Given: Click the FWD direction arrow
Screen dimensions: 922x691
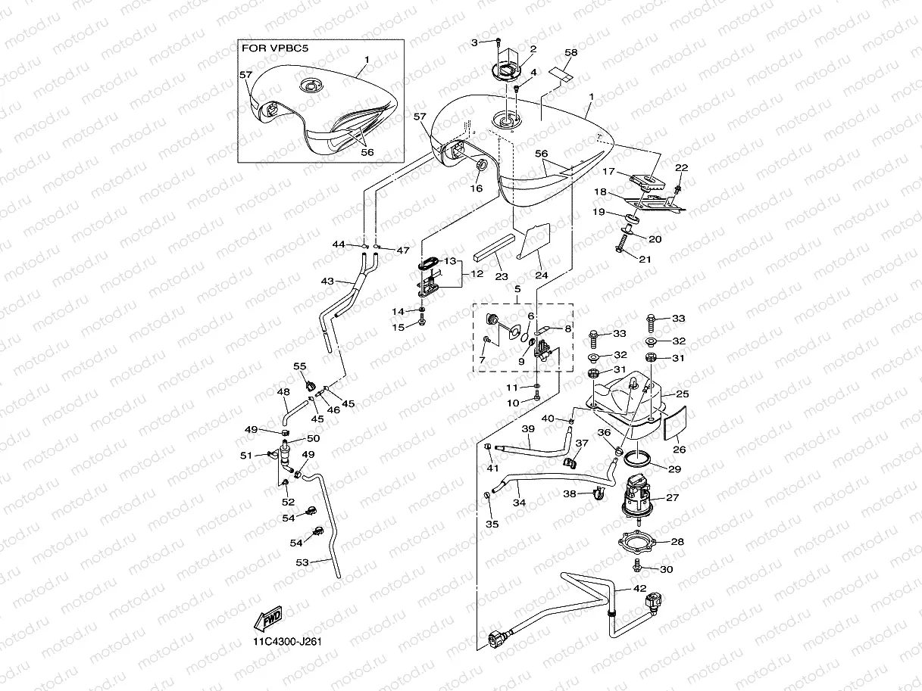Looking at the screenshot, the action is (268, 618).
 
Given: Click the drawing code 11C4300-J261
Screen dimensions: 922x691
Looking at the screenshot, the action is (287, 643).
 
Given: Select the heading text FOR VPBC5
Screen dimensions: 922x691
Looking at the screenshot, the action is (275, 48).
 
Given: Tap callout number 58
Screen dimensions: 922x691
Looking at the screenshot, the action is (570, 52).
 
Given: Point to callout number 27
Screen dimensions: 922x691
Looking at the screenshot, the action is (673, 497).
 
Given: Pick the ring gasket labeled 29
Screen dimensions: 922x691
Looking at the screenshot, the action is (638, 459).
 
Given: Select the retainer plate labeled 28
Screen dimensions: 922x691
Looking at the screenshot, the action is (637, 542).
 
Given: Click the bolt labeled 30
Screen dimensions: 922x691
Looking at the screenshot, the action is (636, 565).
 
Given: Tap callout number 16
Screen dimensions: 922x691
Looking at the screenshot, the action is (477, 188).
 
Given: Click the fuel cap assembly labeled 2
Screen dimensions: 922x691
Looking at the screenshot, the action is (508, 65).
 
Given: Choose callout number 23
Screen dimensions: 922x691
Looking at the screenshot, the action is (502, 277).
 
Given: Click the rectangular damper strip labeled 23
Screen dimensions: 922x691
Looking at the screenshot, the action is (494, 247).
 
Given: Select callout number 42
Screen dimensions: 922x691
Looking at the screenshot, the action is (639, 589).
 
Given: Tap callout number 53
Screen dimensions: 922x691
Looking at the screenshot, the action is (302, 562).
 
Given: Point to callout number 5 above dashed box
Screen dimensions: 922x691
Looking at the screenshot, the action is (517, 289).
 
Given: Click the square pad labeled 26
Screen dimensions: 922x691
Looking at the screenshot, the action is (674, 423).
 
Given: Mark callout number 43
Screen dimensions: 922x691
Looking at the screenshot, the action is (327, 281).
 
